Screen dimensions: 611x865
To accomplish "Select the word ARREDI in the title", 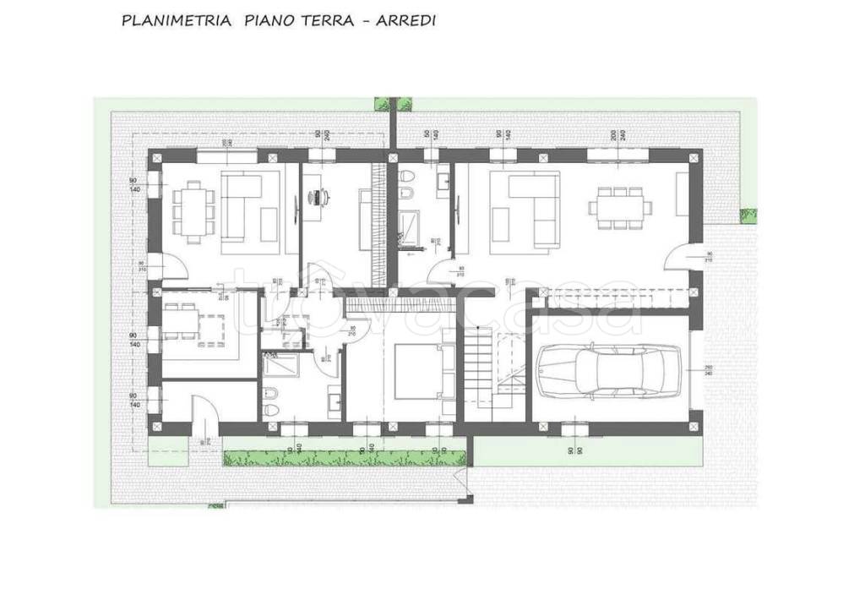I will click(x=407, y=21).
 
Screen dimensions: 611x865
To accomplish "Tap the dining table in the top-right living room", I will click(x=620, y=207).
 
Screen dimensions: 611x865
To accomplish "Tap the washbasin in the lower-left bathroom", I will click(x=333, y=400).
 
